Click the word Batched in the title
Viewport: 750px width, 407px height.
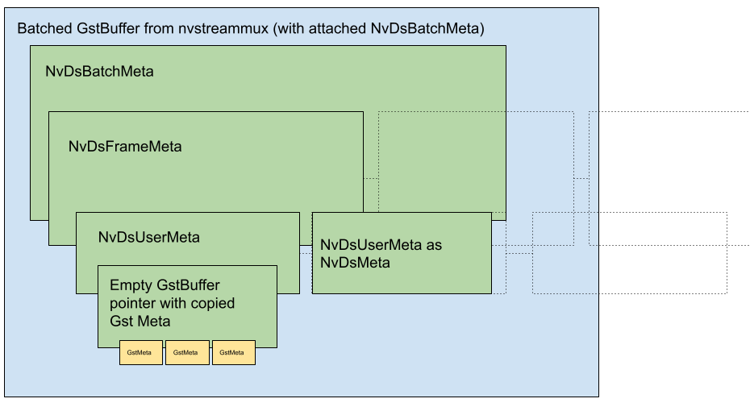pyautogui.click(x=42, y=30)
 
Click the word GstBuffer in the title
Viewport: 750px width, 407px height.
pyautogui.click(x=103, y=30)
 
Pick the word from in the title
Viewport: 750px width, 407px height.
pyautogui.click(x=158, y=30)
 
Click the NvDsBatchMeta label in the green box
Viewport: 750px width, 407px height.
pyautogui.click(x=99, y=71)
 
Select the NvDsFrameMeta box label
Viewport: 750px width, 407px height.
pyautogui.click(x=125, y=147)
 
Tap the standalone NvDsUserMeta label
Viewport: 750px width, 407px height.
pyautogui.click(x=148, y=238)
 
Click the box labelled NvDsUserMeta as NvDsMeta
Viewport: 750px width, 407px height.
pyautogui.click(x=401, y=253)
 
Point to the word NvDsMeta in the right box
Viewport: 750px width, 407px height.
pyautogui.click(x=355, y=263)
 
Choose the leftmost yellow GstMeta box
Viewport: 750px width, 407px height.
pyautogui.click(x=140, y=353)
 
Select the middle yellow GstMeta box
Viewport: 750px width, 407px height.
pyautogui.click(x=186, y=353)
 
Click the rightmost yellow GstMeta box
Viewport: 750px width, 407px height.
pyautogui.click(x=233, y=353)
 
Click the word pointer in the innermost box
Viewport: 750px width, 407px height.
pyautogui.click(x=132, y=303)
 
